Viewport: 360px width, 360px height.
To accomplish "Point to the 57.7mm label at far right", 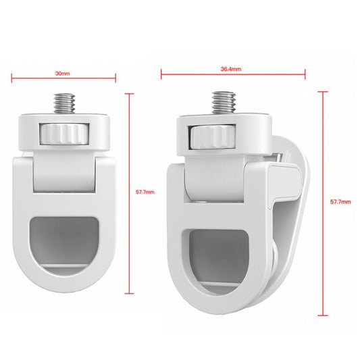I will click(339, 202).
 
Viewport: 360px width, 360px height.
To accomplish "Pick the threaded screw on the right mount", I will click(222, 103).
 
